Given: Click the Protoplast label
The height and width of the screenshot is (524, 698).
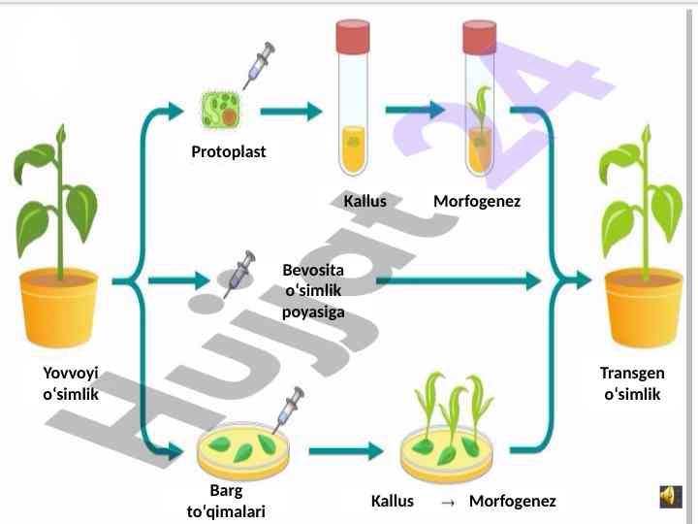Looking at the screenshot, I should pyautogui.click(x=228, y=152).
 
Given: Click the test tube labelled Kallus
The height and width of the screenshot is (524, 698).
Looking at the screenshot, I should pyautogui.click(x=353, y=107).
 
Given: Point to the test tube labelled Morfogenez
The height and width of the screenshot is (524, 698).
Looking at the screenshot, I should pyautogui.click(x=479, y=107).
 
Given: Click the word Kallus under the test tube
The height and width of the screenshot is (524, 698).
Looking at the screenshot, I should pyautogui.click(x=365, y=202).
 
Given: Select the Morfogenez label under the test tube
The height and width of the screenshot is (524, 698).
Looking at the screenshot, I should pyautogui.click(x=476, y=202).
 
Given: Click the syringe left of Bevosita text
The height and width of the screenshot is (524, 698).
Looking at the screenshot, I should pyautogui.click(x=237, y=274).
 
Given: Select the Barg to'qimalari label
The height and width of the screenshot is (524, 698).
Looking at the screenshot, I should pyautogui.click(x=226, y=500).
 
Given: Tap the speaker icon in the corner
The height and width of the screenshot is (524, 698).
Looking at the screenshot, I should pyautogui.click(x=669, y=496).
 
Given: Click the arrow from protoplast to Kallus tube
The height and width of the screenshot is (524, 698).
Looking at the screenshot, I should pyautogui.click(x=293, y=112).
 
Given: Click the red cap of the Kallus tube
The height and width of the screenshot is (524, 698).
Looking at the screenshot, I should pyautogui.click(x=353, y=37).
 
